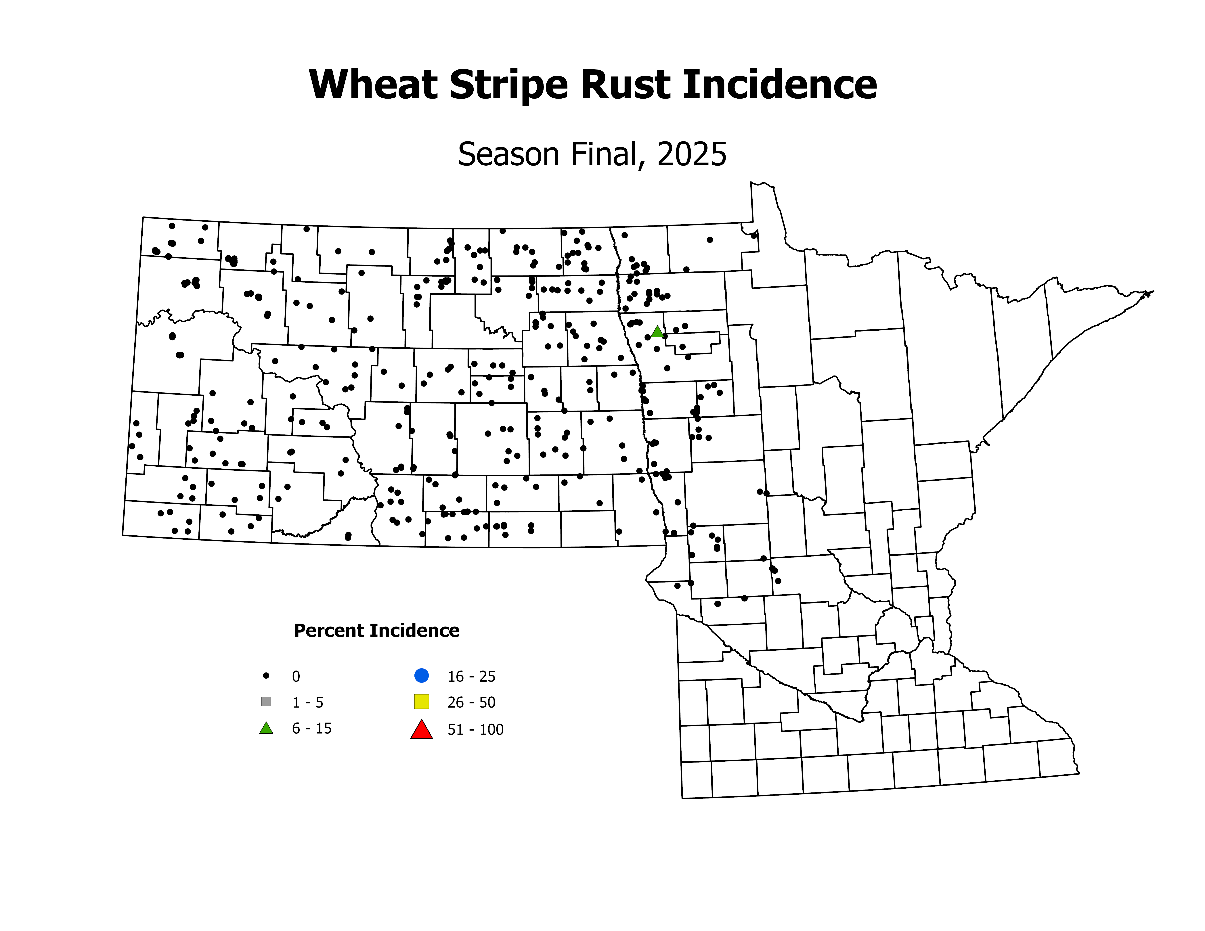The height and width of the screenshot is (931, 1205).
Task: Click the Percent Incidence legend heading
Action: (376, 630)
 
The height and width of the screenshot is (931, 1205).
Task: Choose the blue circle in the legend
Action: (422, 675)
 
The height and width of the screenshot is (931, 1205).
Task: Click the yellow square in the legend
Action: (422, 702)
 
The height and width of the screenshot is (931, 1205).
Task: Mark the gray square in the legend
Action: (266, 702)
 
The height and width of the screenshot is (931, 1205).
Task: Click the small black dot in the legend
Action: (266, 675)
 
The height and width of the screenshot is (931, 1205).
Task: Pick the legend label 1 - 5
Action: (307, 702)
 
